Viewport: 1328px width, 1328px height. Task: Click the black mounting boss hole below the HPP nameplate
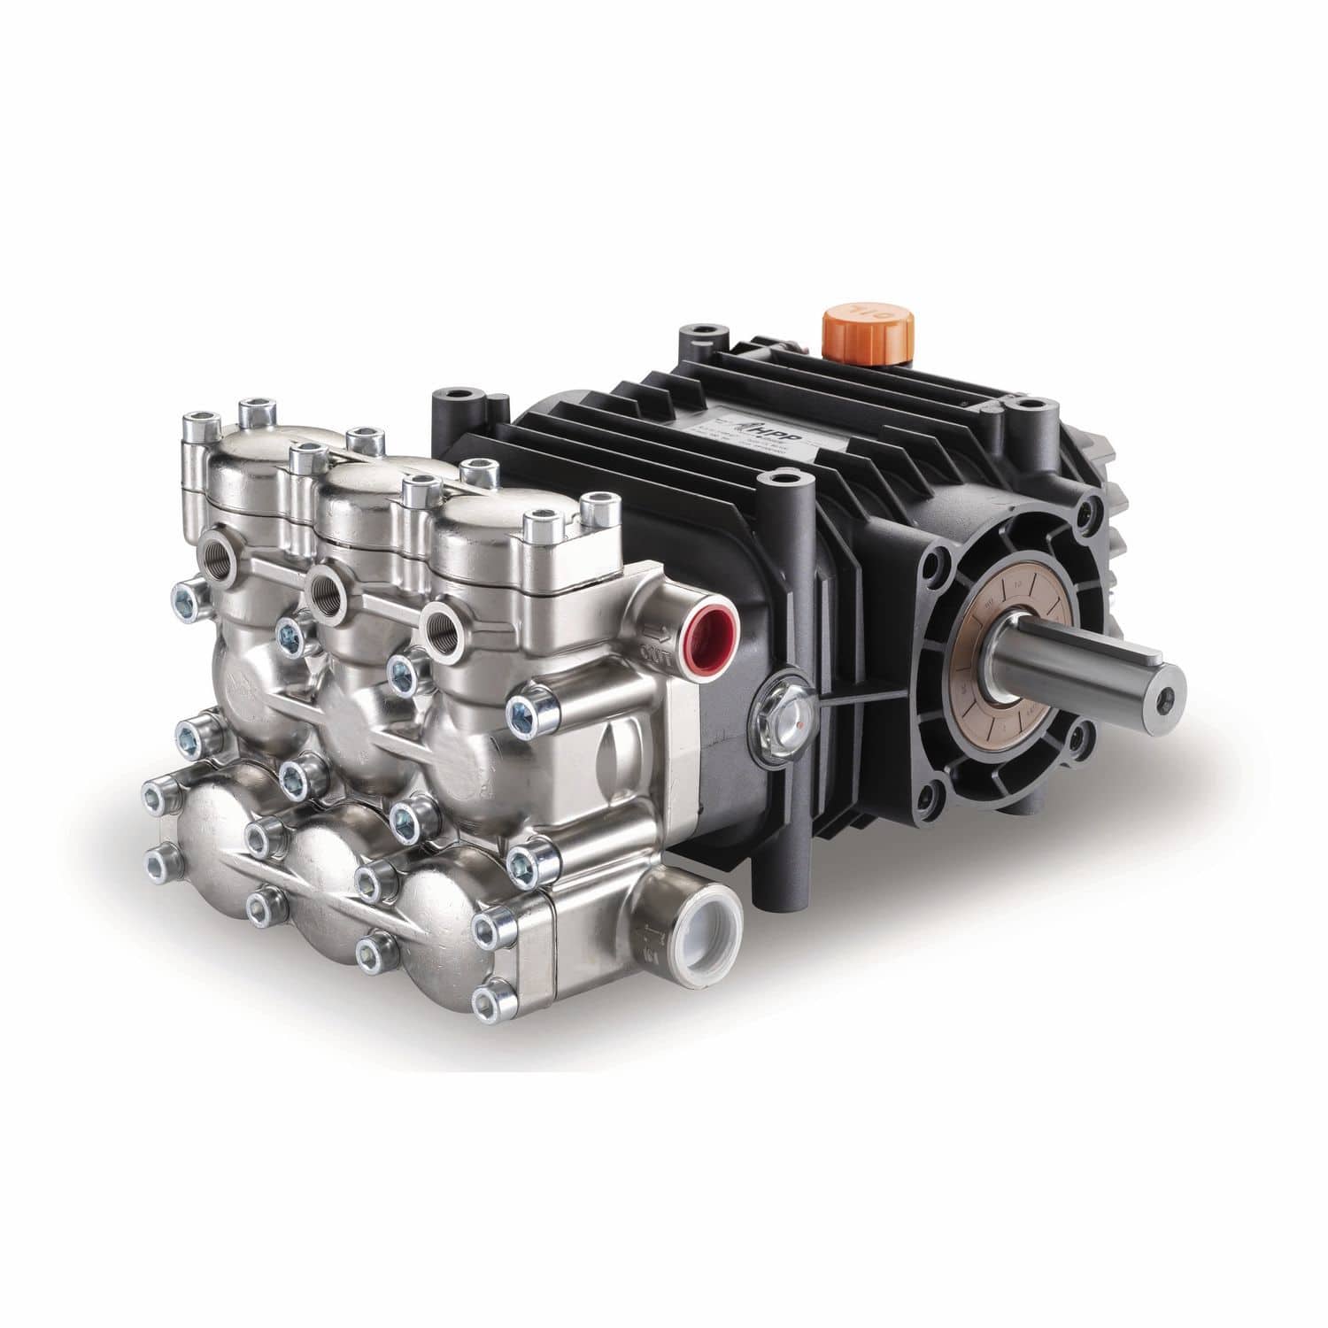[x=779, y=483]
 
